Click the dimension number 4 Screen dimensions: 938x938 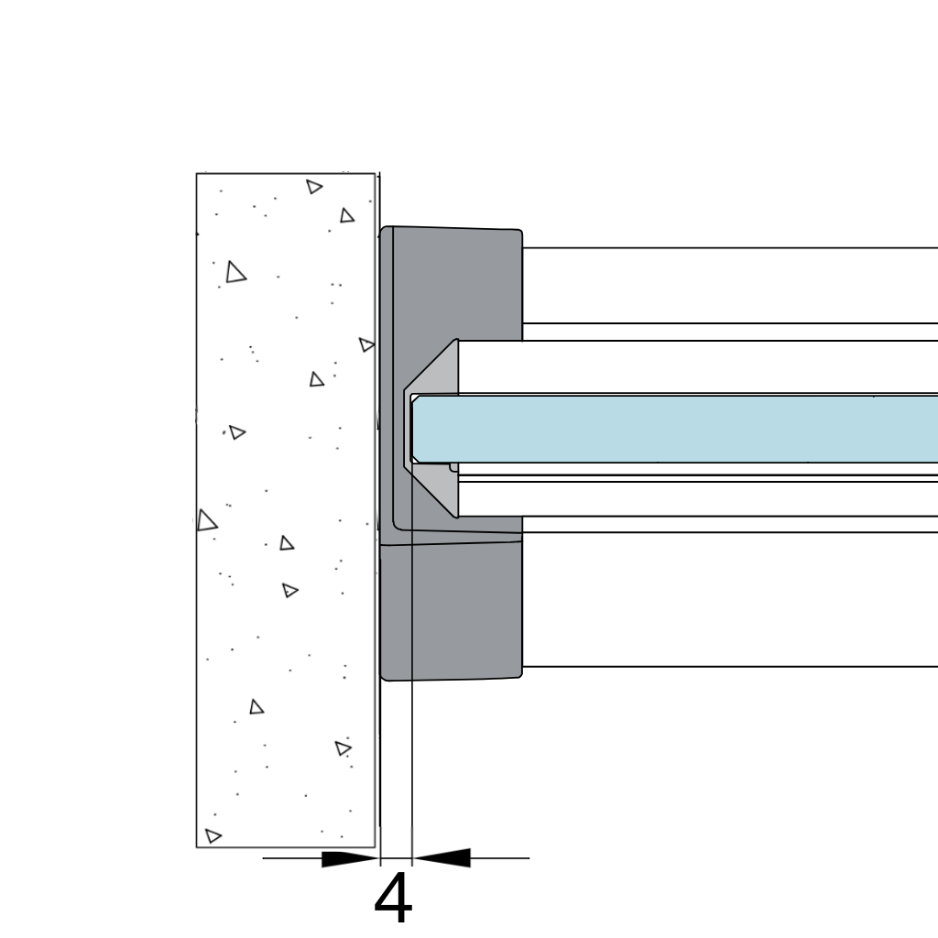393,898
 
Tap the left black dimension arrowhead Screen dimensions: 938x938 351,859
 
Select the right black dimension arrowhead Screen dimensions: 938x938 442,857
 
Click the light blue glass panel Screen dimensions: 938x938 675,429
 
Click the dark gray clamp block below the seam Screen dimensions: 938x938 451,610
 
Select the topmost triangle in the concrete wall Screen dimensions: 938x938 314,187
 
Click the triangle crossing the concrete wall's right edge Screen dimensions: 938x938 366,344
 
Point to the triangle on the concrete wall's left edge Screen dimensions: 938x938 206,520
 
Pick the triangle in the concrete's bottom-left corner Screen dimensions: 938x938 213,835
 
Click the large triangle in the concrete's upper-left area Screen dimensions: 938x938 235,272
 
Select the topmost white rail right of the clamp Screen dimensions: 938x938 730,286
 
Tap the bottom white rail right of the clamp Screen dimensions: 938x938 730,599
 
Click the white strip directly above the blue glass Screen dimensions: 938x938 697,366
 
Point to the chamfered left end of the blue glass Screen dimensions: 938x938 415,429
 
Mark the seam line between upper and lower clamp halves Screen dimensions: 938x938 451,542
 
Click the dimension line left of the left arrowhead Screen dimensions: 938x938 292,858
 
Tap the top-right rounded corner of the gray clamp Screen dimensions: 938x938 519,232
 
